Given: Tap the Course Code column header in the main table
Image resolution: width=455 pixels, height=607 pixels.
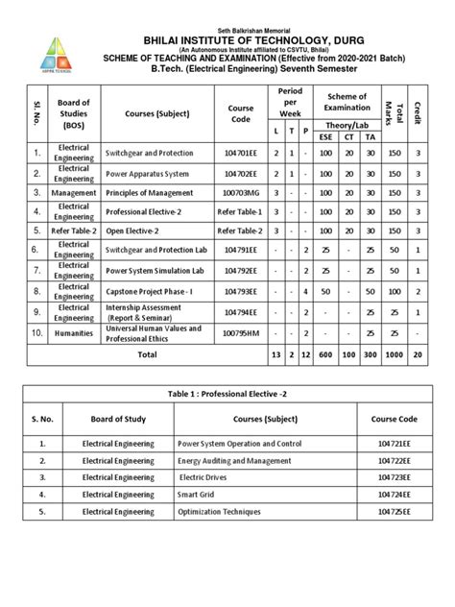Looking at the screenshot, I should (x=241, y=114).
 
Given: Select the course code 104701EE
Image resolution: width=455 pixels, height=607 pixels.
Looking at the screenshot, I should (x=241, y=154).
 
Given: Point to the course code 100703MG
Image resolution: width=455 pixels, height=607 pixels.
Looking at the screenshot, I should (x=241, y=192).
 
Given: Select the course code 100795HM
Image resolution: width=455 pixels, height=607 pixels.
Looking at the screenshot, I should (x=241, y=333).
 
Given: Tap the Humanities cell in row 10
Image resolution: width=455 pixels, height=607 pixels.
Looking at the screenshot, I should (x=74, y=333).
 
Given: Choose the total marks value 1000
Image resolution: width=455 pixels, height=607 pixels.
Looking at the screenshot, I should (x=393, y=354).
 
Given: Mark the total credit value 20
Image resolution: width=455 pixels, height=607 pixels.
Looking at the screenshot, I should (x=417, y=354).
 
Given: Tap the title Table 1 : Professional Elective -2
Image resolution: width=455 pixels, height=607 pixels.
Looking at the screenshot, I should (x=227, y=393).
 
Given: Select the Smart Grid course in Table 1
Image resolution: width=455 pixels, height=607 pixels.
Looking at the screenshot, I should (x=202, y=494).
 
